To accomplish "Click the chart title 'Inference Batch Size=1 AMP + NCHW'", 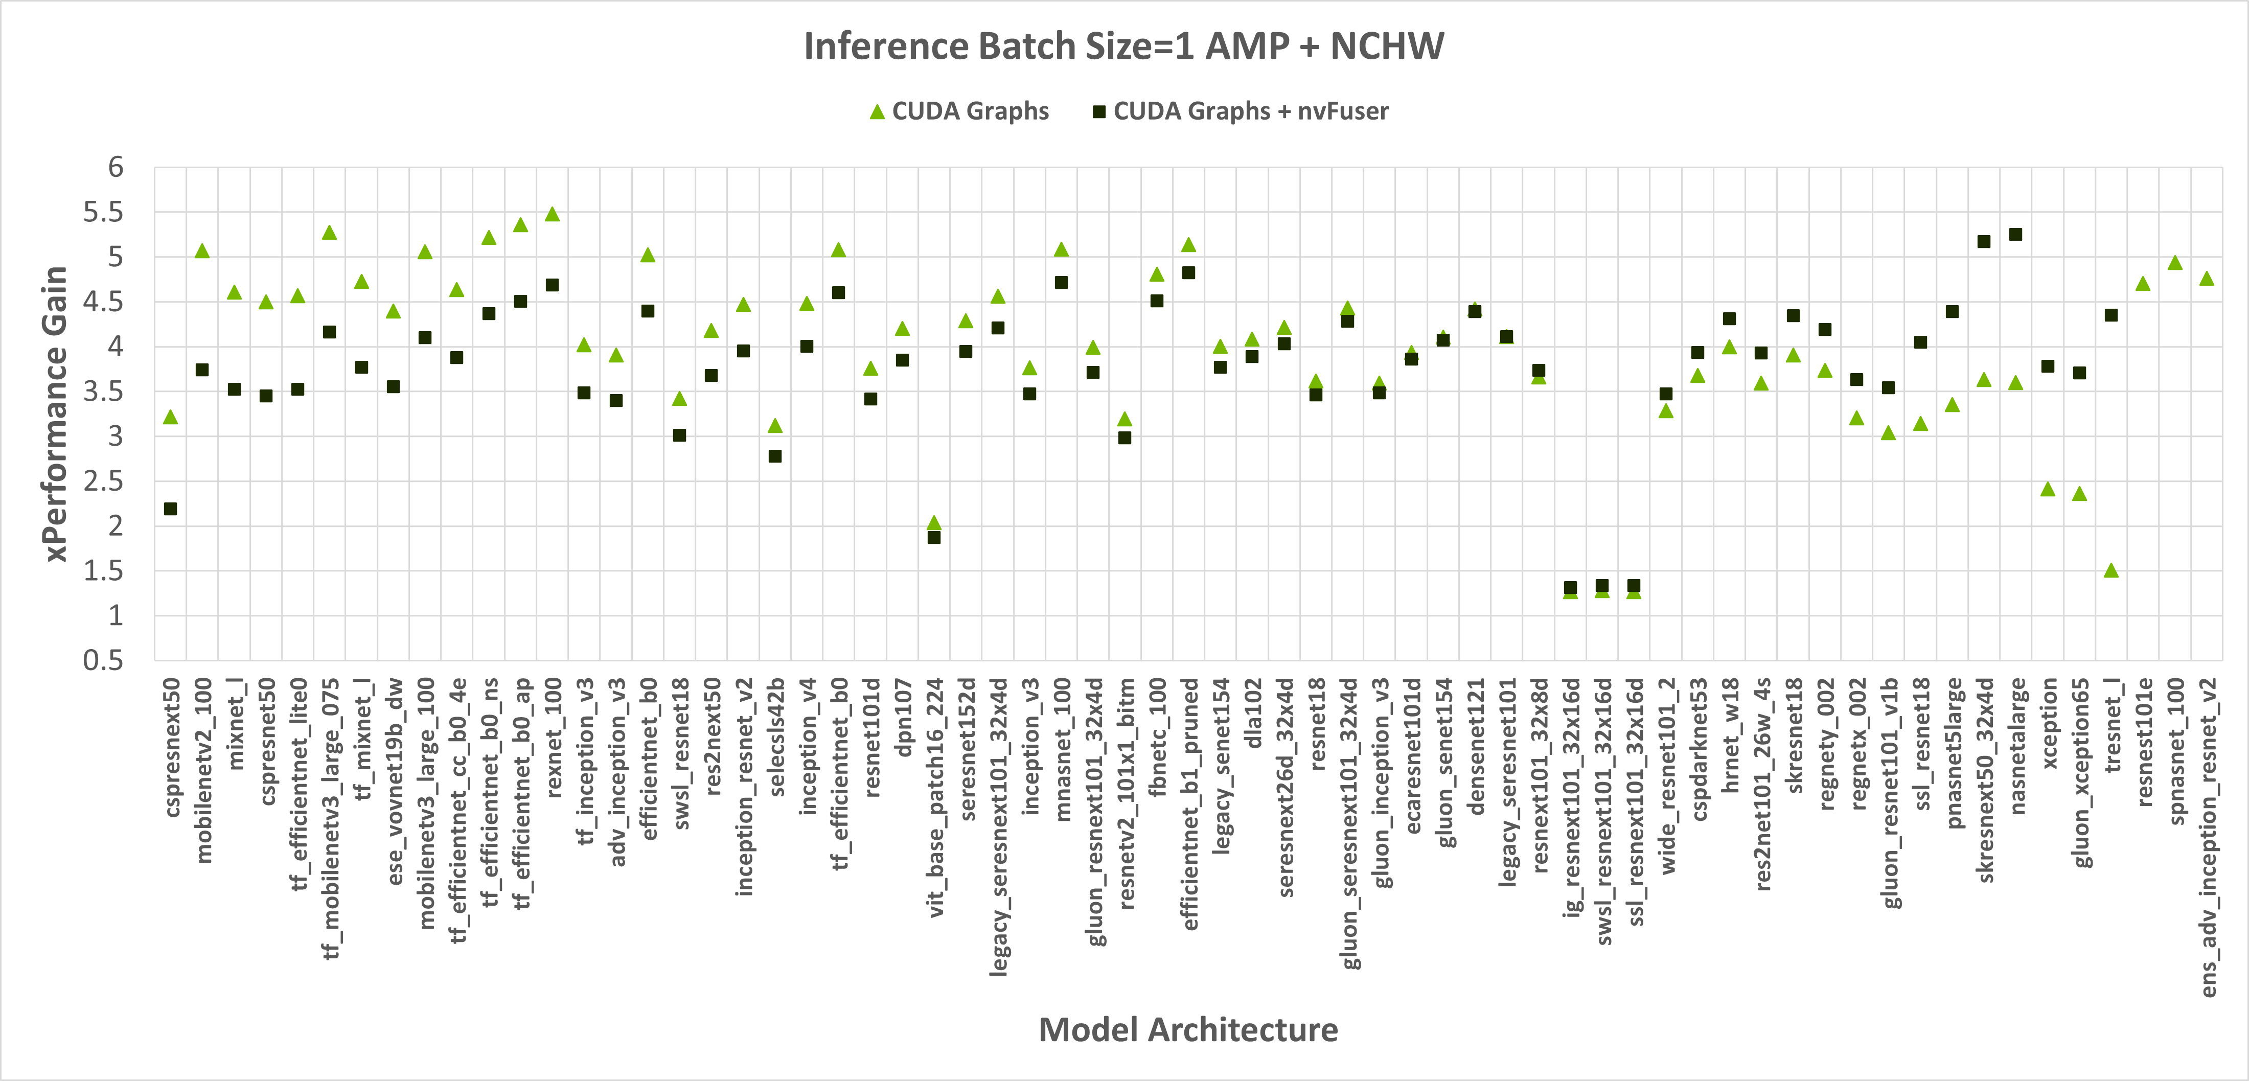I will coord(1123,47).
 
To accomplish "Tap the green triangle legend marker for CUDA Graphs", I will coord(878,112).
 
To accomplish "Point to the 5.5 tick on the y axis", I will coord(103,212).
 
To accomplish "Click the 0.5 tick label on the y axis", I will coord(103,660).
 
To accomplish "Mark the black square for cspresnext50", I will coord(170,509).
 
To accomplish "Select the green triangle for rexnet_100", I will coord(552,214).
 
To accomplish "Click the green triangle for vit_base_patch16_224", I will coord(933,523).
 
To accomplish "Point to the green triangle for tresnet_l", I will coord(2111,570).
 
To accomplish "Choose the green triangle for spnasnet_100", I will coord(2175,263).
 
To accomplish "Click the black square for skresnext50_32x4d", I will coord(1984,242).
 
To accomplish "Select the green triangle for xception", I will coord(2047,489).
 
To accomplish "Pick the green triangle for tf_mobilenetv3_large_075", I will coord(329,232).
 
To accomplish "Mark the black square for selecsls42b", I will coord(774,456).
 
